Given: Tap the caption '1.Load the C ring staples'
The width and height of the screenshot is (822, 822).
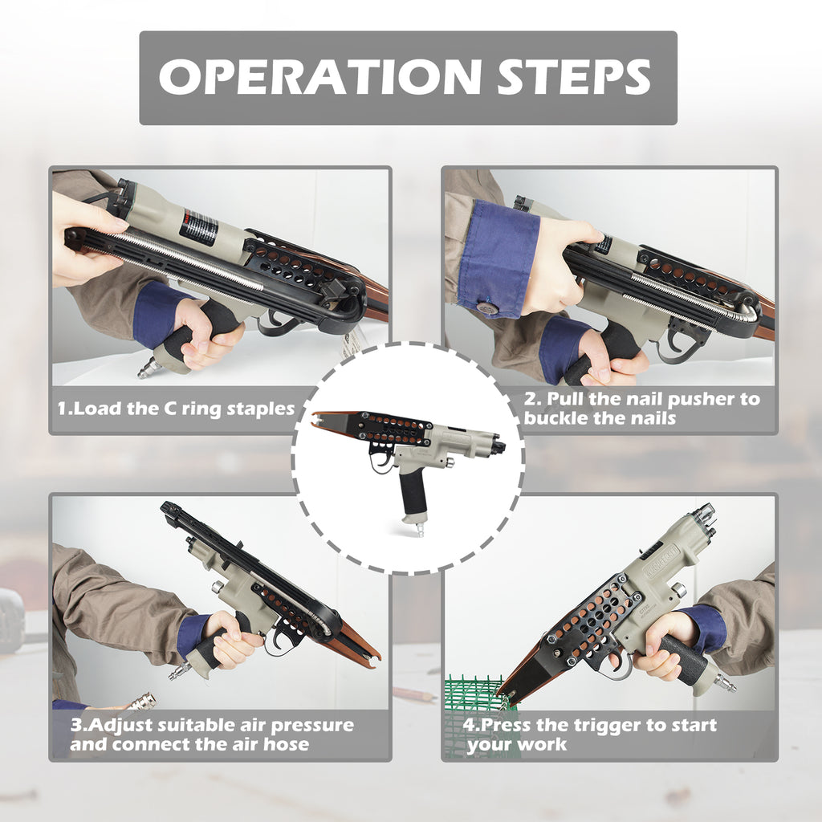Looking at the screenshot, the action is click(176, 409).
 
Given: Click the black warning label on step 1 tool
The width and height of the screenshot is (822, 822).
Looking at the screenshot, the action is click(199, 228).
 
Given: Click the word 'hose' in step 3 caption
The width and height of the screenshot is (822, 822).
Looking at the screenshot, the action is click(286, 744).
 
